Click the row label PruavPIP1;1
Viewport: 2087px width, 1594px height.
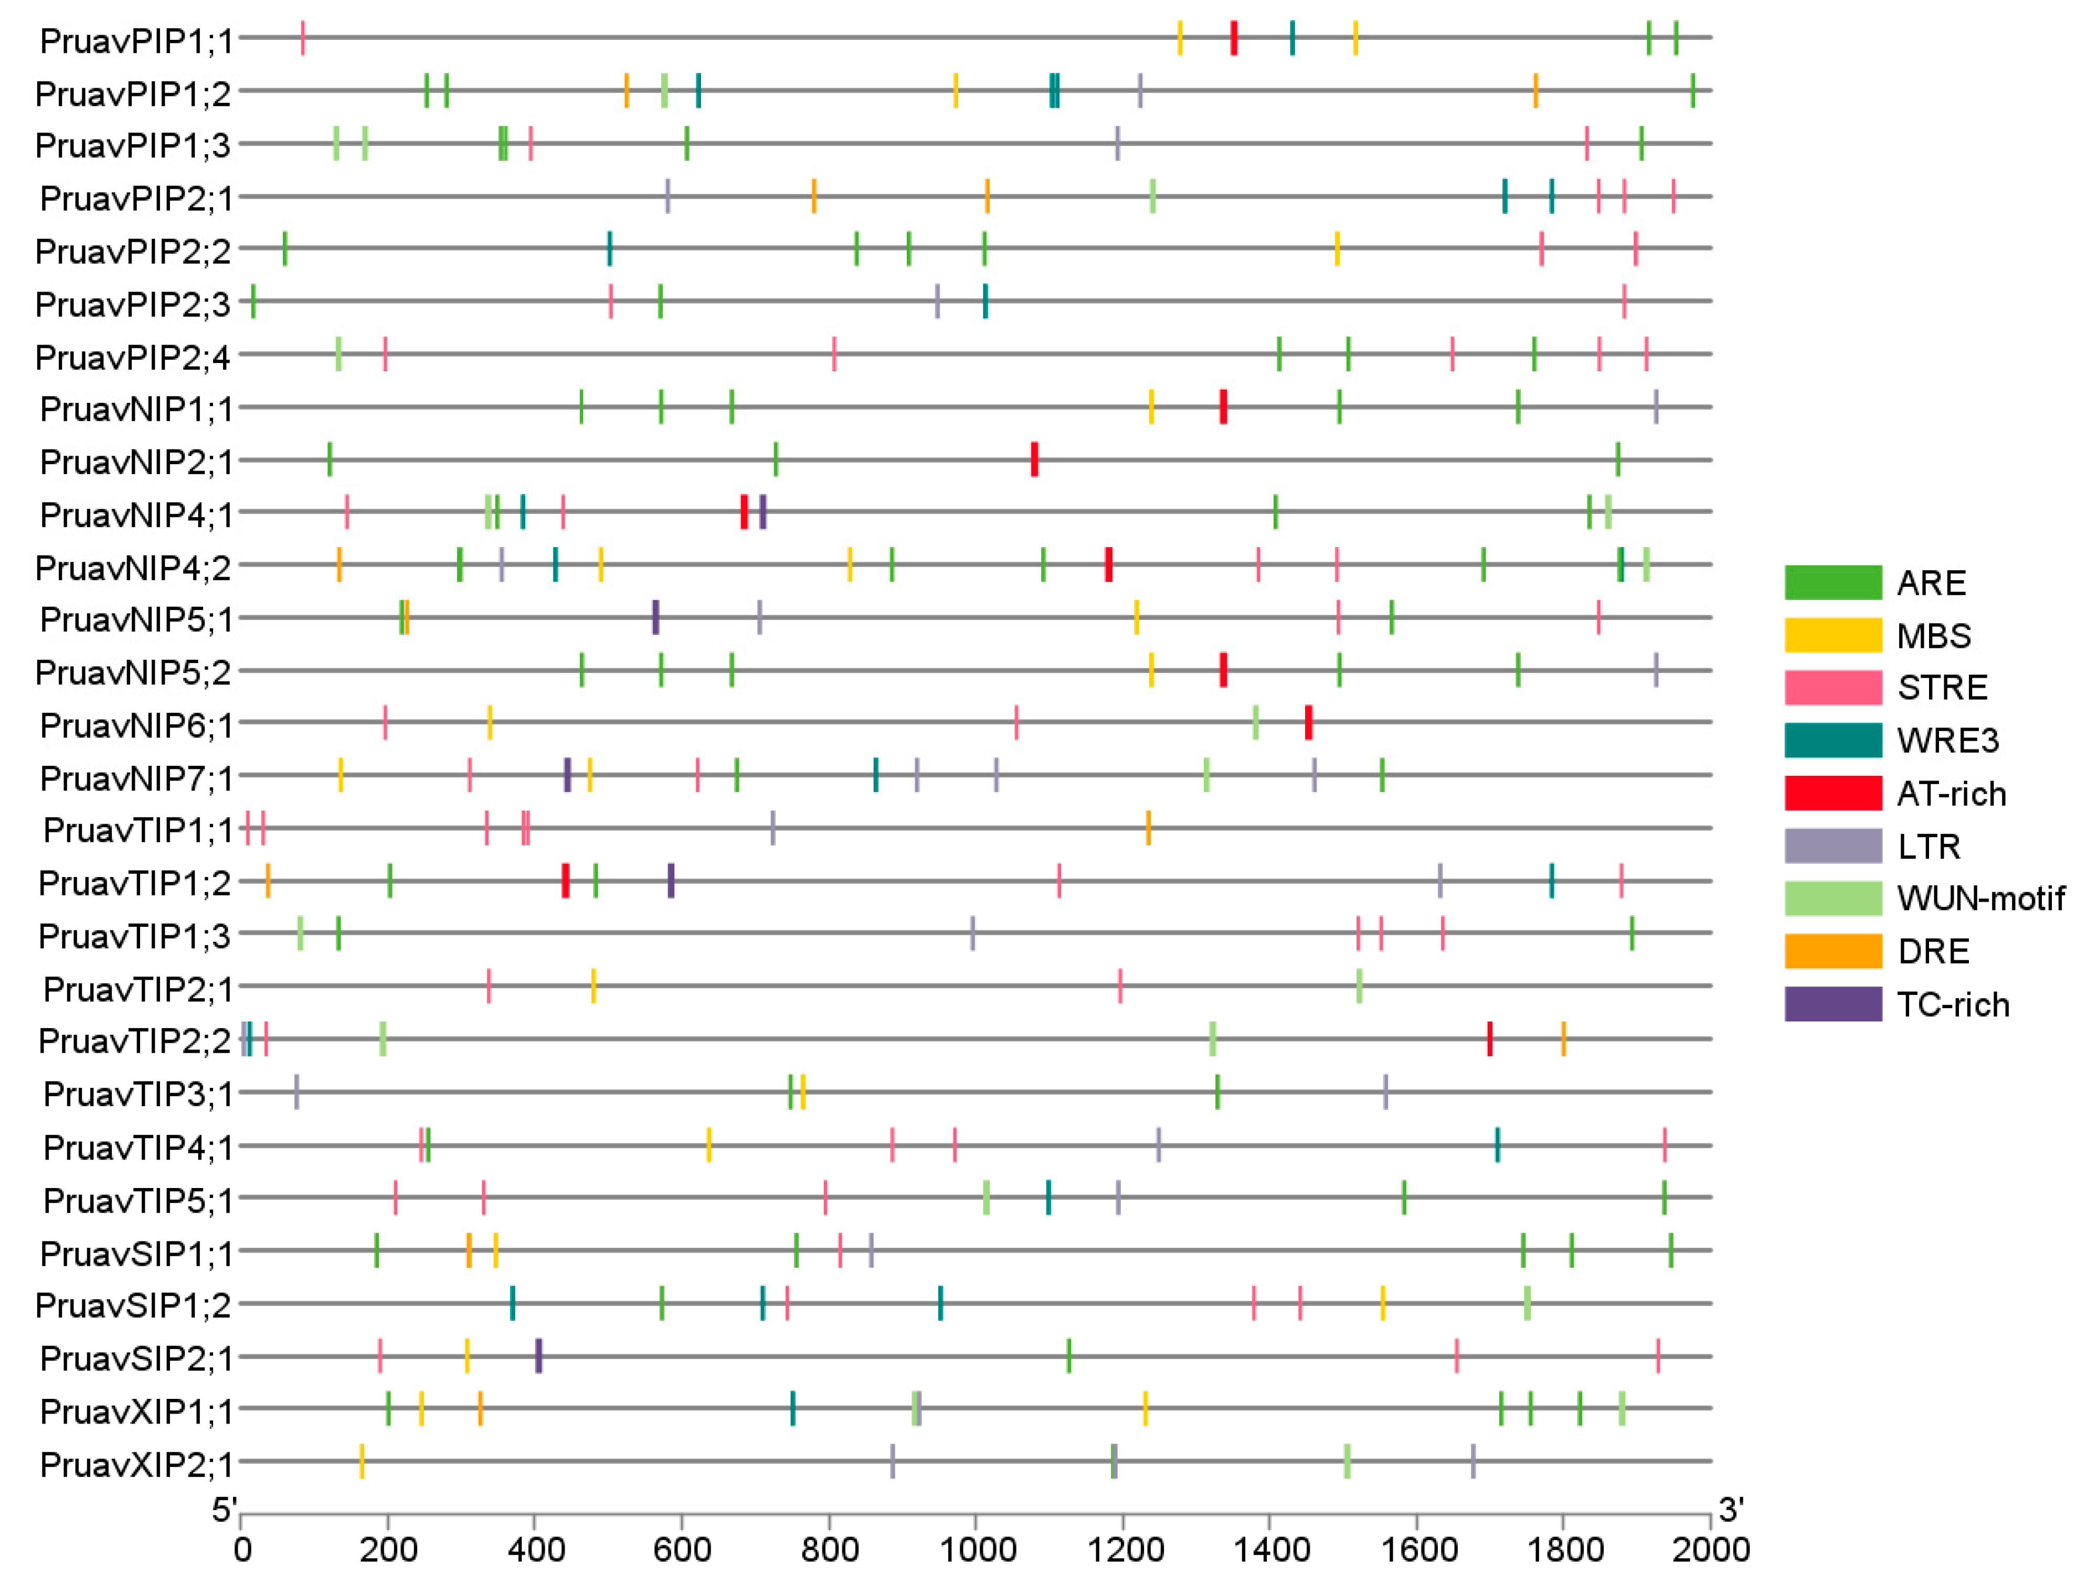coord(136,40)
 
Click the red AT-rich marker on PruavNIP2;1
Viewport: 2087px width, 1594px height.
coord(1034,460)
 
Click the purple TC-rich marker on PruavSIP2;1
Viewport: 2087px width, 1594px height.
coord(538,1356)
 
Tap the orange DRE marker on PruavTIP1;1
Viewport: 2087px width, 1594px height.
coord(1148,828)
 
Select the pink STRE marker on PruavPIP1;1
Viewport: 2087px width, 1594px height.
coord(303,38)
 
